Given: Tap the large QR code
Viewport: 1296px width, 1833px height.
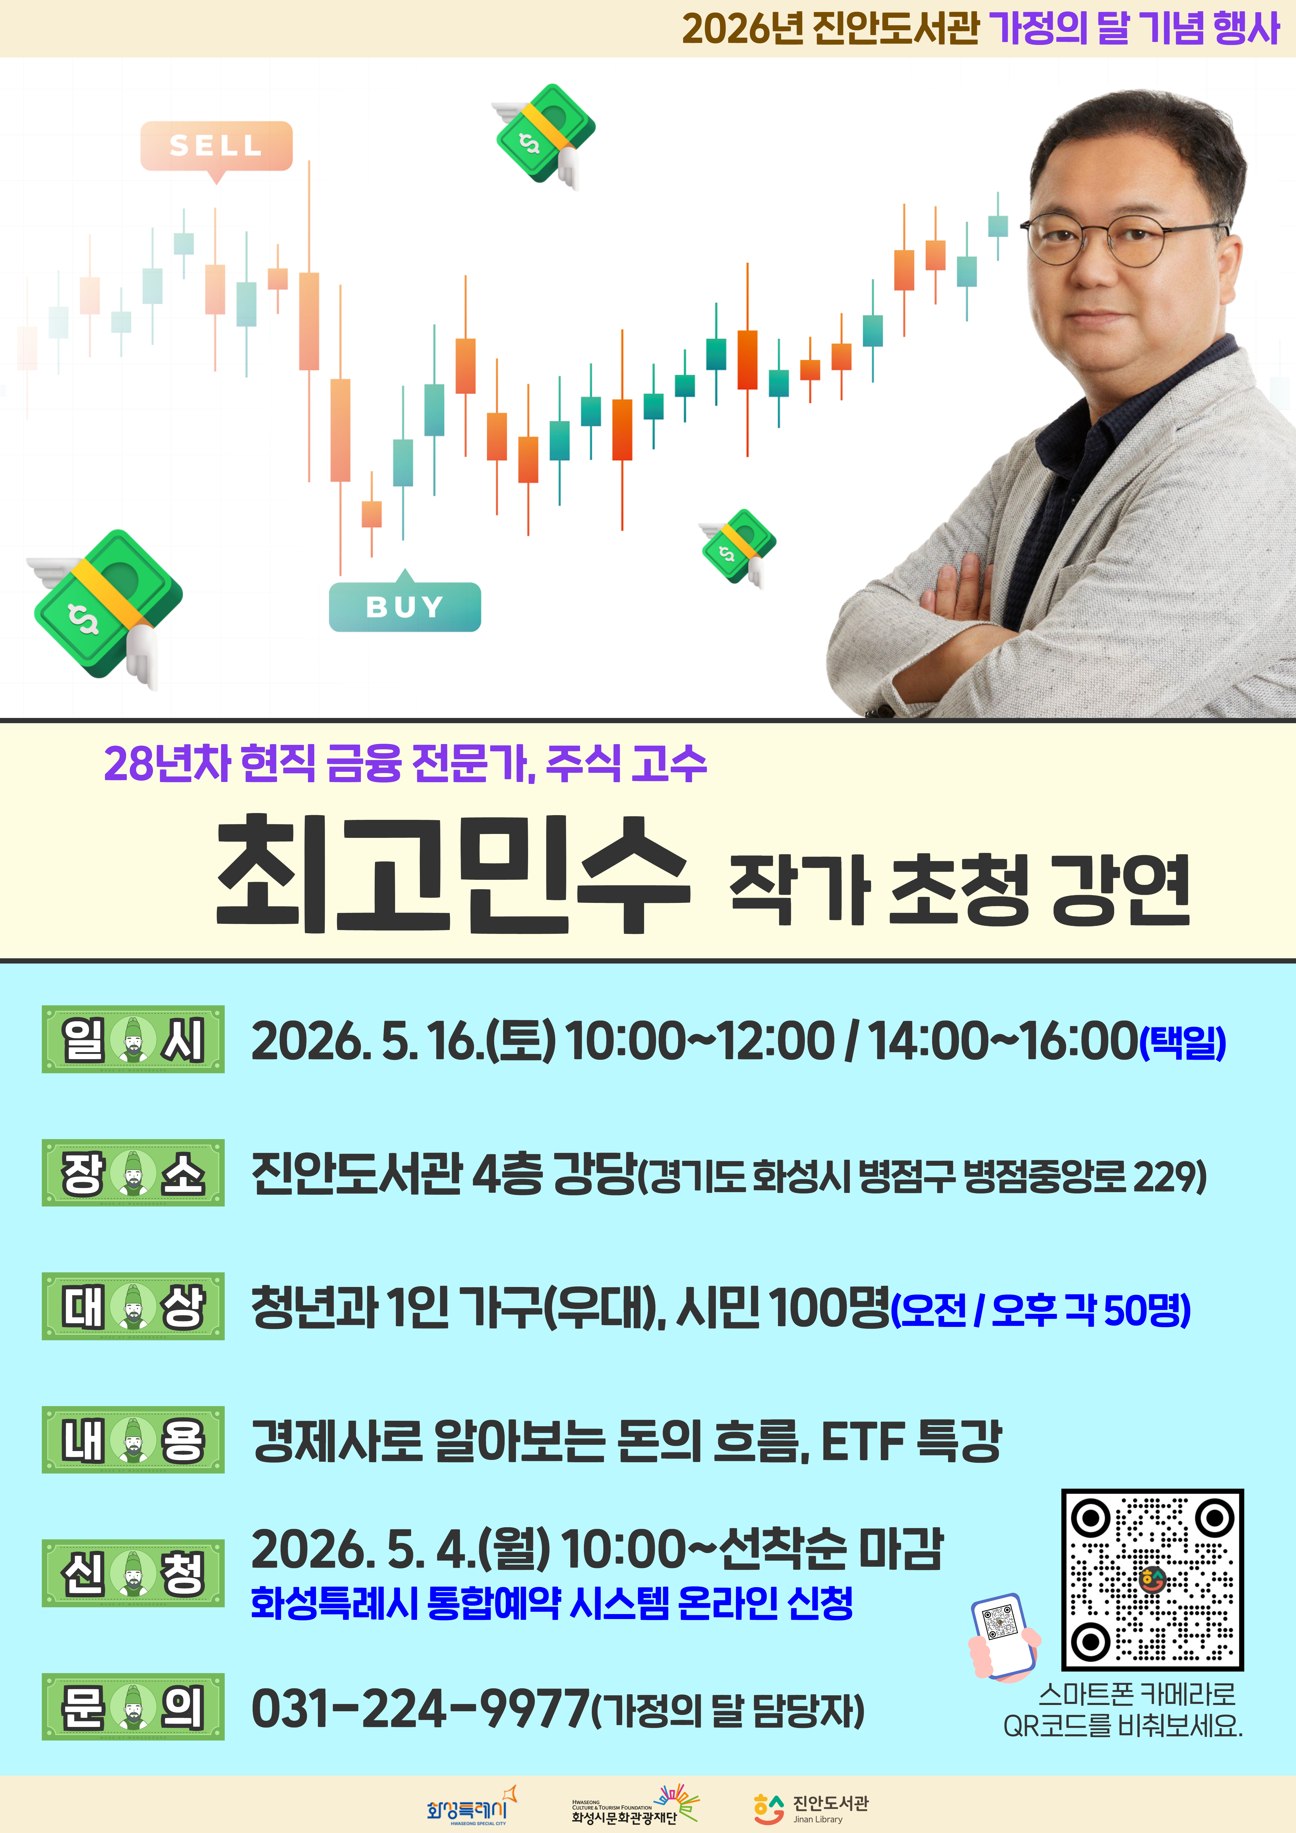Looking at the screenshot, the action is (x=1152, y=1579).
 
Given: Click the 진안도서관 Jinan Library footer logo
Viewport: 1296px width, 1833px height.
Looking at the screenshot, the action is (x=811, y=1808).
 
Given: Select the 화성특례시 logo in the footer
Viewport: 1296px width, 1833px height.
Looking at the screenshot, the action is (x=471, y=1807).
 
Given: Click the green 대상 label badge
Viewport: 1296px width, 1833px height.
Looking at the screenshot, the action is (x=132, y=1306).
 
